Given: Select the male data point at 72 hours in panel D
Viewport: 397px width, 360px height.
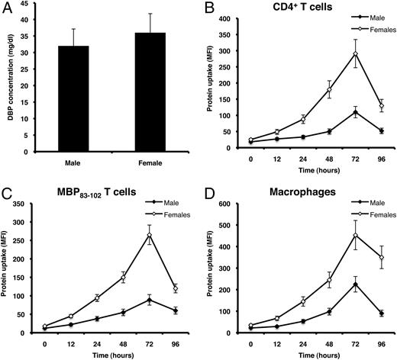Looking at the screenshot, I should point(334,284).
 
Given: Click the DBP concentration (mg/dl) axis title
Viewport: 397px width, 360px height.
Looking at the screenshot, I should point(8,76).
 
